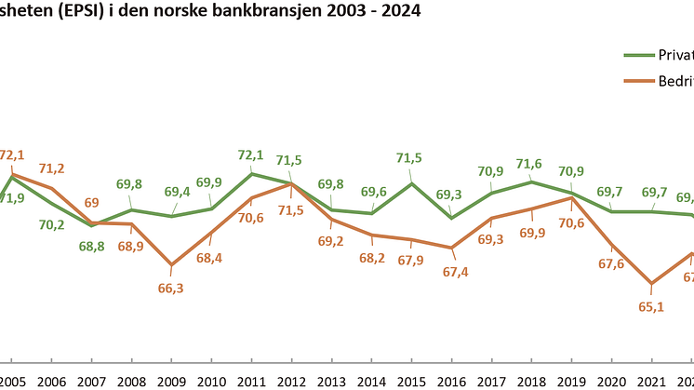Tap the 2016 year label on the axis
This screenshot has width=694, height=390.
tap(451, 381)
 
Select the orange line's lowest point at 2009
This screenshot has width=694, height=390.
tap(171, 265)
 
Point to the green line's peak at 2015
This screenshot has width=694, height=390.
tap(411, 183)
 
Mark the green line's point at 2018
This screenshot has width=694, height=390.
tap(531, 181)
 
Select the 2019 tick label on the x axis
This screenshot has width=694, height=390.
tap(571, 381)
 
